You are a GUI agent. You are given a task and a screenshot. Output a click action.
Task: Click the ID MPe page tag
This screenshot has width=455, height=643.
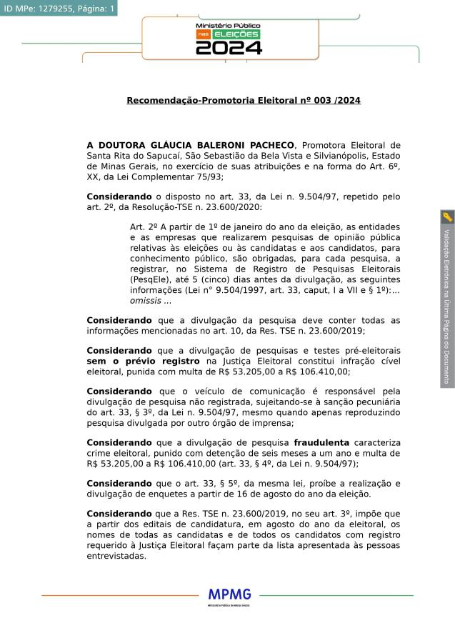coord(59,8)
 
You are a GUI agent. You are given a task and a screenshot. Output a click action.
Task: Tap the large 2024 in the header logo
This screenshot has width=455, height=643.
coord(229,48)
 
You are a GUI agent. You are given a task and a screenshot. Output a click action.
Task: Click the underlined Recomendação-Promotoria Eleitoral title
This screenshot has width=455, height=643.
coord(243,101)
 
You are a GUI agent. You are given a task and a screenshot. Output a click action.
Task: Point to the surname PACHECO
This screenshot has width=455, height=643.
coord(268,145)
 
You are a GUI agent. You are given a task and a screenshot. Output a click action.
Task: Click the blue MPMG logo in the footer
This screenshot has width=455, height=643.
coord(229,594)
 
